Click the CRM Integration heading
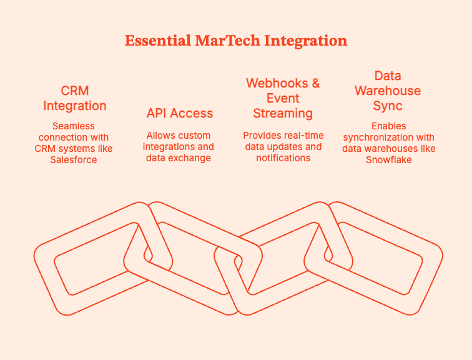click(75, 98)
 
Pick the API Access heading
click(179, 113)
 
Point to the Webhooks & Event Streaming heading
click(283, 98)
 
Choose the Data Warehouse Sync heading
click(388, 91)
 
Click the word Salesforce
click(74, 159)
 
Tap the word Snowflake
click(388, 159)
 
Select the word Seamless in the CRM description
click(74, 126)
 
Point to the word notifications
click(283, 158)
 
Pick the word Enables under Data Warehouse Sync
click(388, 126)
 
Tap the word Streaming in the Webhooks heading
click(283, 113)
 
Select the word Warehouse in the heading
click(388, 91)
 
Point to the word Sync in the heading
click(388, 106)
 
